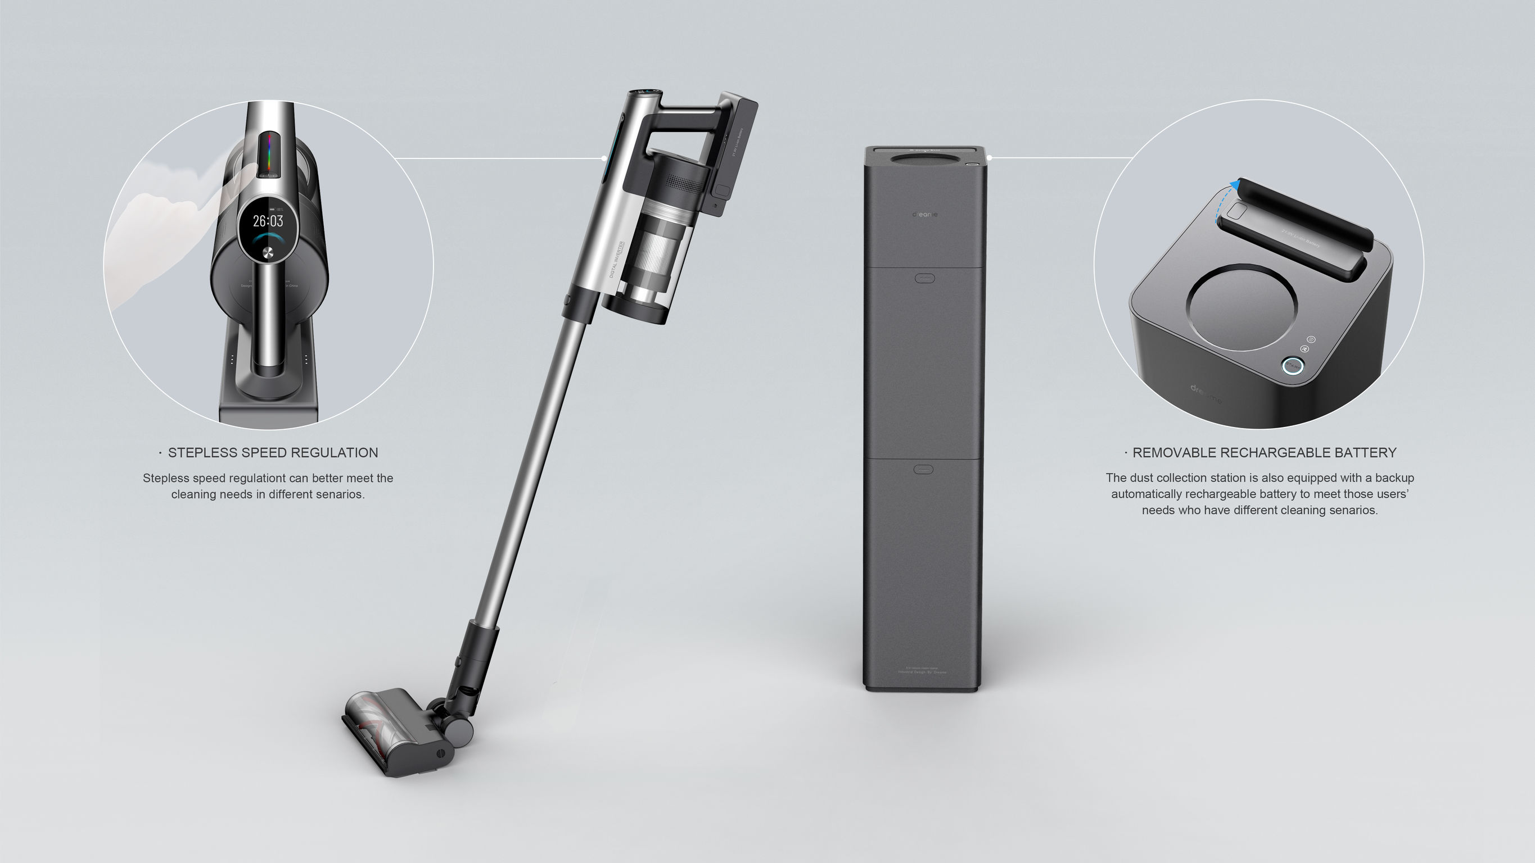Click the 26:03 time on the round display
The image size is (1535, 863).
point(268,221)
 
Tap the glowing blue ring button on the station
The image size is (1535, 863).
point(1292,365)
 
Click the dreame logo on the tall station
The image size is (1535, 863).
point(924,215)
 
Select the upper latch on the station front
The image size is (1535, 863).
point(924,278)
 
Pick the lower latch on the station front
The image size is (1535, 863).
point(923,469)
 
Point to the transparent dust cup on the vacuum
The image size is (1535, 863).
point(661,250)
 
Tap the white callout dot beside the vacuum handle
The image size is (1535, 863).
point(604,158)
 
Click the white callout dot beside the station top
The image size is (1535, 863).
point(989,158)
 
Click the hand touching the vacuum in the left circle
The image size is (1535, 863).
point(167,232)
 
